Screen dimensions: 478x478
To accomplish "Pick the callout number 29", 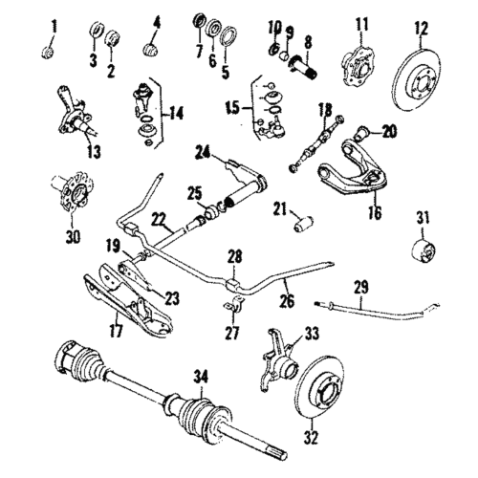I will pos(359,285).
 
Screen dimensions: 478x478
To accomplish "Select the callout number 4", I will pos(157,21).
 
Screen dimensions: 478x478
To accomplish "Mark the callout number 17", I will pos(115,334).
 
